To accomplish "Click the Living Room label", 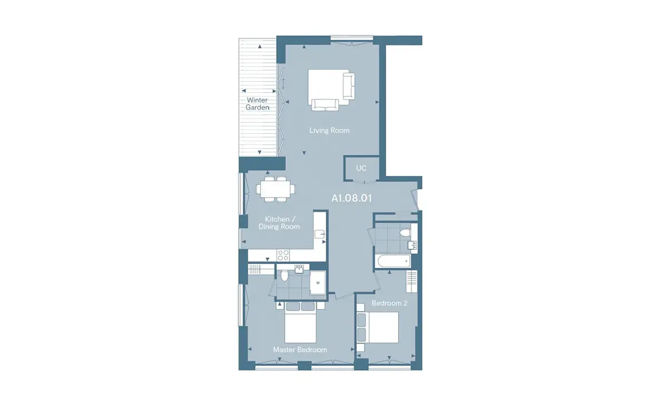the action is click(x=329, y=130).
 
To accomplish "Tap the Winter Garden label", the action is click(x=257, y=104).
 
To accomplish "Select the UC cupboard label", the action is click(x=361, y=168).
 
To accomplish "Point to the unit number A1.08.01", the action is click(x=352, y=198).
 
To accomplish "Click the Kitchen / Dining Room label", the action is click(x=279, y=223).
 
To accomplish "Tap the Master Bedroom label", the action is click(x=300, y=350).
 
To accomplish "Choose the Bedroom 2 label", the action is click(x=390, y=303).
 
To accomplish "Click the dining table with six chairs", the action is click(x=276, y=189).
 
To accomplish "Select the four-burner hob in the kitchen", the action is click(x=283, y=255).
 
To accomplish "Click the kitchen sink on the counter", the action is click(x=320, y=234).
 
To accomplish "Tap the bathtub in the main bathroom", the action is click(x=394, y=262).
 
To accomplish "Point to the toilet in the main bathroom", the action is click(x=405, y=232).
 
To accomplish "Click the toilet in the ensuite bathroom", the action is click(x=284, y=276).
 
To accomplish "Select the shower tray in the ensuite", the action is click(x=318, y=282).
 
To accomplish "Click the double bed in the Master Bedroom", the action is click(x=300, y=322).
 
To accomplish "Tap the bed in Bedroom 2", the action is click(x=378, y=327).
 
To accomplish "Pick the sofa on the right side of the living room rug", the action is click(x=348, y=86).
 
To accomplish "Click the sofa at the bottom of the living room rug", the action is click(x=325, y=105).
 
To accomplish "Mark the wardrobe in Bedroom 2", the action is click(x=411, y=282).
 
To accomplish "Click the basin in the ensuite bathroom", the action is click(x=299, y=269).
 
